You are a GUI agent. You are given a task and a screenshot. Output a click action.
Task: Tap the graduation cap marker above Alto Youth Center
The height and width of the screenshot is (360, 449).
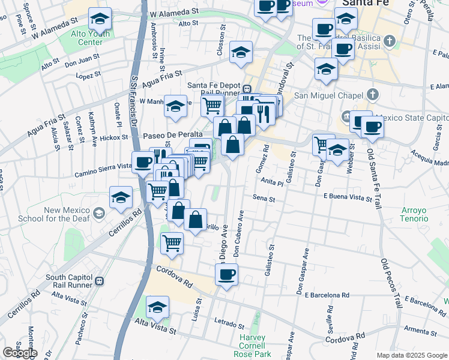100,19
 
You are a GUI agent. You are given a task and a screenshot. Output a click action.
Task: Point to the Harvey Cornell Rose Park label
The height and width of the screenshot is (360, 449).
256,346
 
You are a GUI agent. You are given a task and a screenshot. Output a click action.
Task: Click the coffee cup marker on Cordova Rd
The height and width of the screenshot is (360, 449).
226,275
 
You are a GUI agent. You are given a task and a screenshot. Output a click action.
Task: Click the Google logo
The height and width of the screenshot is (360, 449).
20,353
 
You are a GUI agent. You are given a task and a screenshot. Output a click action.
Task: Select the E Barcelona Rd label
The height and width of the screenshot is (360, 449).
327,295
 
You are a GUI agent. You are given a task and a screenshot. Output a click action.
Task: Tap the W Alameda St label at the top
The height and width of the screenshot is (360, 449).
174,12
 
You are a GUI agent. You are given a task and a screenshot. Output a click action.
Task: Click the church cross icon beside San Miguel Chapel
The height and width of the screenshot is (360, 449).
373,95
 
